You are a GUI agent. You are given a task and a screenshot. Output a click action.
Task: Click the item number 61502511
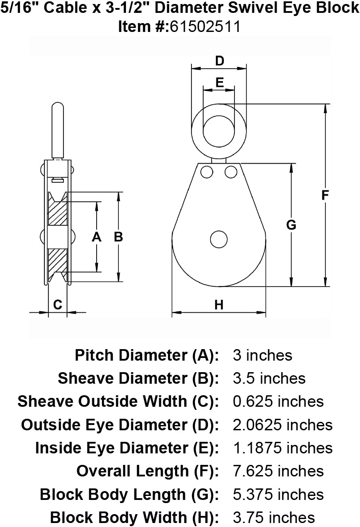(205, 27)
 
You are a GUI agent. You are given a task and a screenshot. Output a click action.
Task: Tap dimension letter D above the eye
(219, 61)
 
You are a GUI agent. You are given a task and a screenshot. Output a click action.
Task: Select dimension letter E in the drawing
(219, 83)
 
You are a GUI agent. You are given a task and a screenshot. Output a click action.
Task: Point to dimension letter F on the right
(325, 195)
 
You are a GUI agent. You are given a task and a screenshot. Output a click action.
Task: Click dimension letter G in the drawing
(291, 224)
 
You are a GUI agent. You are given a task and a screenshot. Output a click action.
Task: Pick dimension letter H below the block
(219, 305)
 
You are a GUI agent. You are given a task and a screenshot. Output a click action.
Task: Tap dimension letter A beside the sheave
(97, 237)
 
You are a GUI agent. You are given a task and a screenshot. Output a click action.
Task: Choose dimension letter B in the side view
(118, 237)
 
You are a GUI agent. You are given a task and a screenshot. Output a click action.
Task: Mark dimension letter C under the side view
(58, 304)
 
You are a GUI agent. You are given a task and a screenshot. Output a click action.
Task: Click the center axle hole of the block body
(219, 240)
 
